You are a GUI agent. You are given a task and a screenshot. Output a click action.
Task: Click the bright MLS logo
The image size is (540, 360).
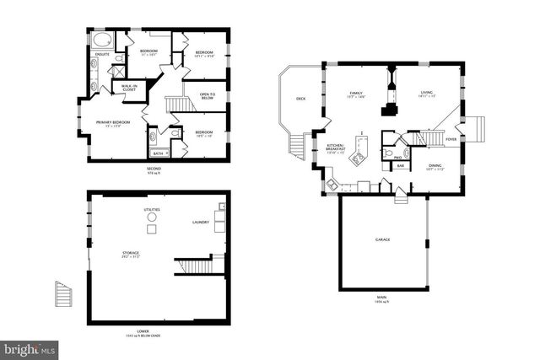[30, 347]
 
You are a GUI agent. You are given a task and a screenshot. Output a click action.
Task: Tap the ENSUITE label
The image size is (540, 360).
[101, 56]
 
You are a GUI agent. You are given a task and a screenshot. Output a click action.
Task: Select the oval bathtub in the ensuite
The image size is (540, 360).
[101, 40]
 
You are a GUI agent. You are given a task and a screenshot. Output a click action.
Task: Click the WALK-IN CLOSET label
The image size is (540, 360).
[129, 87]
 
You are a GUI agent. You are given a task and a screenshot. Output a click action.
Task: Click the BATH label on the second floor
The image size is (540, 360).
[158, 153]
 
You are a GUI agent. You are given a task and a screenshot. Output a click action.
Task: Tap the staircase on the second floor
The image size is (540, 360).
[176, 104]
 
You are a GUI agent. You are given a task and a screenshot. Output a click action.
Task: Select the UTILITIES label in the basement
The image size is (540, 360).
[152, 209]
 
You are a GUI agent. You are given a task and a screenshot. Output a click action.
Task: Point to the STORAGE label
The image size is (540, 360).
[130, 252]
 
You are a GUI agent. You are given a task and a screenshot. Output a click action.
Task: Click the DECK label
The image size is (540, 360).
[300, 99]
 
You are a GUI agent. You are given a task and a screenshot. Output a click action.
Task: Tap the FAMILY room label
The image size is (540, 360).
[356, 93]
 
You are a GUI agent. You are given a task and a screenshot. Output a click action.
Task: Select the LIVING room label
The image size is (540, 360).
[427, 93]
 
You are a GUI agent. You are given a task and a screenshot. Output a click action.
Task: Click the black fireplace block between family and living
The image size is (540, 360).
[390, 107]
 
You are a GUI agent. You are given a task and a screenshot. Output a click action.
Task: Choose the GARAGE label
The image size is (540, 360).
[382, 239]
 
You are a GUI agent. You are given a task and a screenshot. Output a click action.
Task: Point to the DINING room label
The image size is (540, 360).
[435, 166]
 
